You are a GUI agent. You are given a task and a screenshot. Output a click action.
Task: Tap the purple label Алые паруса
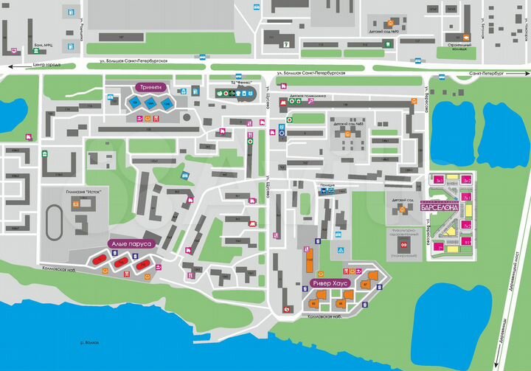coord(131,243)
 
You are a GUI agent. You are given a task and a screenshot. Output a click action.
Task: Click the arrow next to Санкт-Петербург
coord(522,74)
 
